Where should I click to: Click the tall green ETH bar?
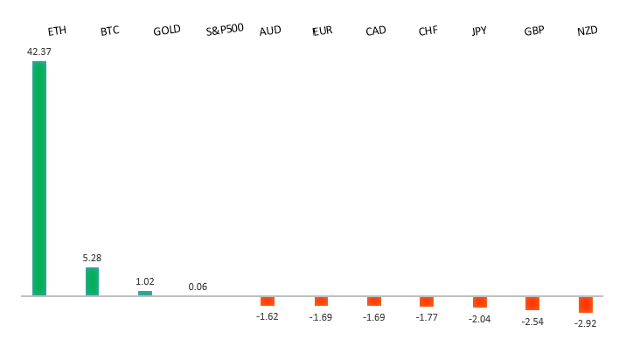point(39,178)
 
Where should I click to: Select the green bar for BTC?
point(92,281)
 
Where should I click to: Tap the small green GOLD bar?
point(145,293)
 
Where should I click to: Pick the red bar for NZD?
point(585,304)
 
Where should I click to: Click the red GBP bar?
point(532,303)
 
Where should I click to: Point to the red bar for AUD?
point(268,301)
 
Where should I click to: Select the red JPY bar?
point(479,302)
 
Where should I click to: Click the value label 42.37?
point(39,52)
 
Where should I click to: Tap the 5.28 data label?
point(92,258)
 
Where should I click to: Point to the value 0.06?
point(198,287)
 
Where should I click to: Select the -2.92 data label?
point(586,323)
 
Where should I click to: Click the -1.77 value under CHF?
point(427,316)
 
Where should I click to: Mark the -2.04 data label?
point(480,318)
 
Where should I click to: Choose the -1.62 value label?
point(268,316)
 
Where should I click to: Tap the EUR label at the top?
point(323,31)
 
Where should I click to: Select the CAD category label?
point(376,31)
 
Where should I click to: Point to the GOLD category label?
point(166,31)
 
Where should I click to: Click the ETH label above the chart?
point(57,31)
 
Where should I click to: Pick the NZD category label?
point(587,31)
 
